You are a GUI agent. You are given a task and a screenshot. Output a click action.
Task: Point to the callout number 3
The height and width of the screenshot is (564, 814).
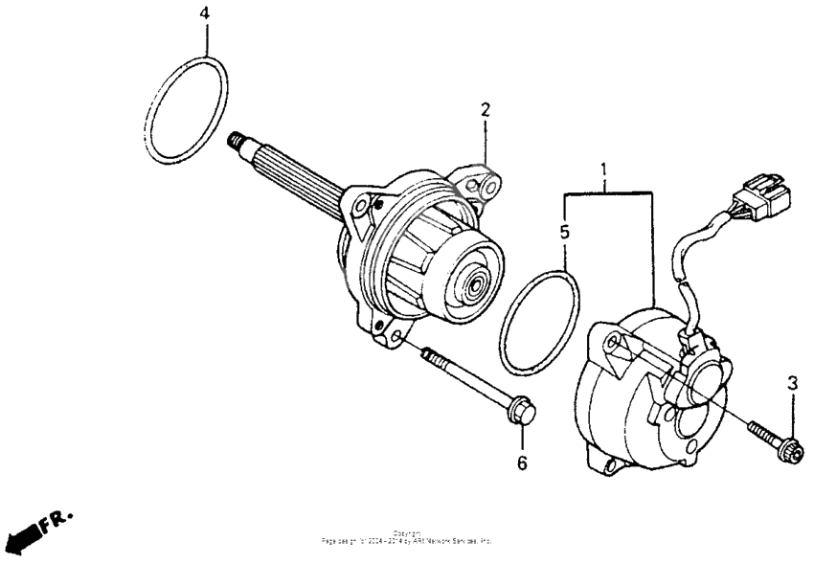(x=792, y=384)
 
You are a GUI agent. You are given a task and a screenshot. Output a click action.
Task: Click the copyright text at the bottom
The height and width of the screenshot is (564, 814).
(x=407, y=538)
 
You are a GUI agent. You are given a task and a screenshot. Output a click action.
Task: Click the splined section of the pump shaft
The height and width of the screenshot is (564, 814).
(x=297, y=177)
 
